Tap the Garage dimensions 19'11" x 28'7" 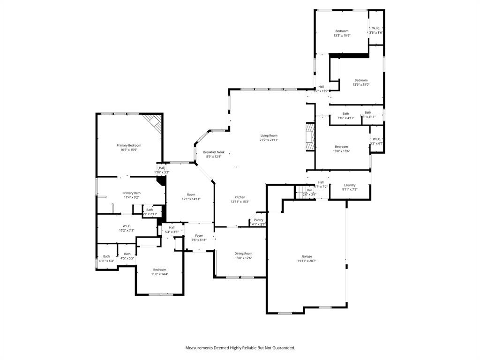(x=307, y=261)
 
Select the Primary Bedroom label (x=128, y=145)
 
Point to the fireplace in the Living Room (x=310, y=137)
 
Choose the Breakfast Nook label (x=214, y=152)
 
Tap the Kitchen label (x=240, y=197)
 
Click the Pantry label (x=259, y=220)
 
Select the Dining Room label (x=243, y=254)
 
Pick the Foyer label (x=199, y=236)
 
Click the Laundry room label (x=350, y=185)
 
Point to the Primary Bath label (x=131, y=193)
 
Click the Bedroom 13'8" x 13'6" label (x=341, y=147)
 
